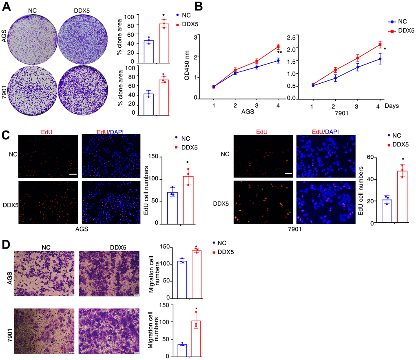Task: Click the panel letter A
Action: (5, 6)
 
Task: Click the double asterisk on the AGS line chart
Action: (280, 52)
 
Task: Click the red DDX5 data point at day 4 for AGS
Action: (278, 46)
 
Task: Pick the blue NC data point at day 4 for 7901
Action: (380, 59)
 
